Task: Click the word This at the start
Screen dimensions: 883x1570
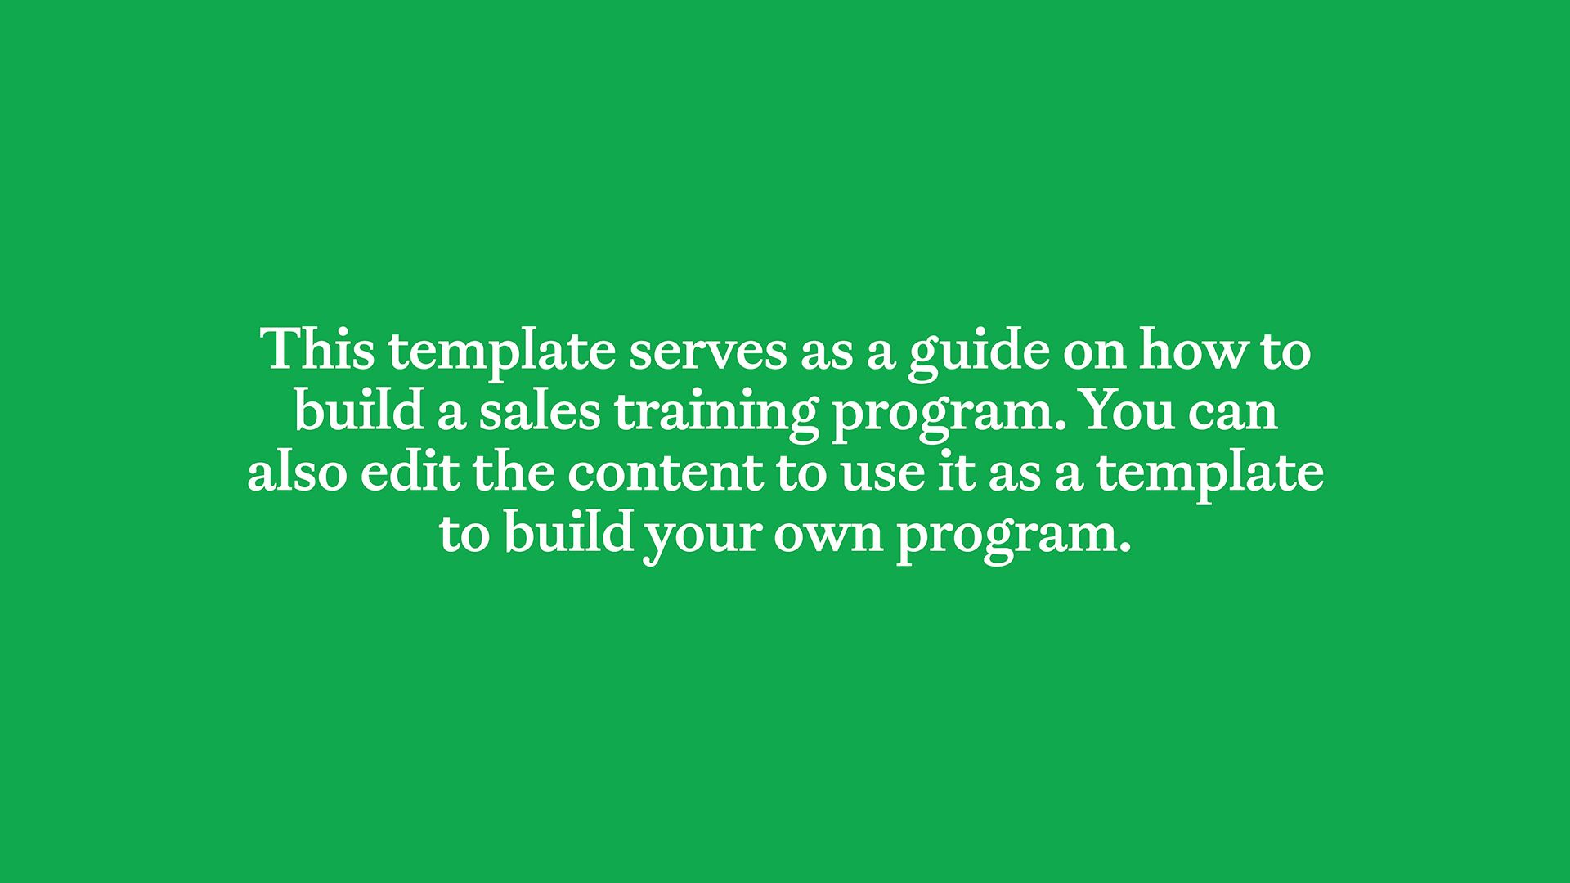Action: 317,350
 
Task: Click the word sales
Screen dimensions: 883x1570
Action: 540,411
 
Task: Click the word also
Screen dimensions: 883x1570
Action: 297,473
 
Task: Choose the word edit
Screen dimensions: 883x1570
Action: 410,473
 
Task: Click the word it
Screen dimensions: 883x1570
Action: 956,473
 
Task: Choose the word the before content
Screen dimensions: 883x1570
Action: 513,473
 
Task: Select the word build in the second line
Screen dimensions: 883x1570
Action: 359,411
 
